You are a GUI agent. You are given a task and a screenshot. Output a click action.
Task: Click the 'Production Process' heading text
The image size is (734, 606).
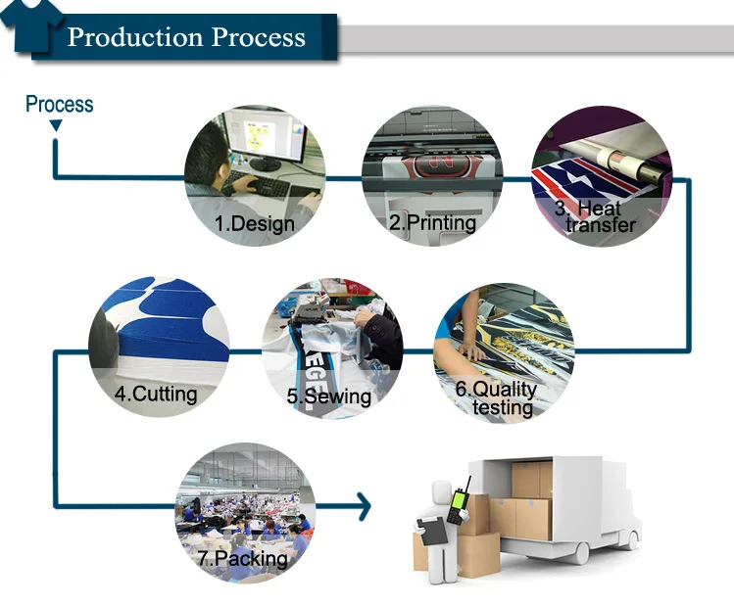tap(186, 38)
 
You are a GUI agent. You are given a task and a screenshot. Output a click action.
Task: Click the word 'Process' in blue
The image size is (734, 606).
tap(59, 104)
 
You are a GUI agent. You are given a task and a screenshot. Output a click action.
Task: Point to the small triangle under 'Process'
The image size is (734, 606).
tap(56, 126)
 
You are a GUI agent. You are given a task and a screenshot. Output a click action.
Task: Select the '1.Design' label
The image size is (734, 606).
tap(254, 223)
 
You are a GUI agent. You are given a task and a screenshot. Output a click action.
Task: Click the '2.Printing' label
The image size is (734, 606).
tap(432, 223)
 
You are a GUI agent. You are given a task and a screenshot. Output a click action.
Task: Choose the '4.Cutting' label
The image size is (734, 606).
tap(155, 395)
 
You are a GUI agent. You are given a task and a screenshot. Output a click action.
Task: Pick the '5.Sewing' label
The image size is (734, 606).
tap(329, 396)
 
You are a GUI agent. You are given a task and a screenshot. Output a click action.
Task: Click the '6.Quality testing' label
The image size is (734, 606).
tap(497, 397)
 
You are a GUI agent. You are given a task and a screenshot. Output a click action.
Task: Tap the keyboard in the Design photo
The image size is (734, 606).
tap(257, 183)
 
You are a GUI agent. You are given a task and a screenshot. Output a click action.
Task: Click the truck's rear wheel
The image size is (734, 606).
tap(580, 552)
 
